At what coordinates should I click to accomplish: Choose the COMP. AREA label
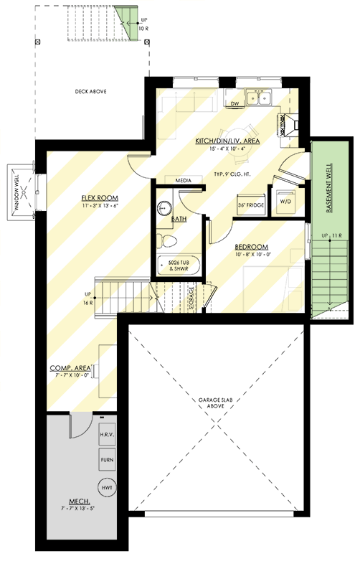point(70,368)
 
